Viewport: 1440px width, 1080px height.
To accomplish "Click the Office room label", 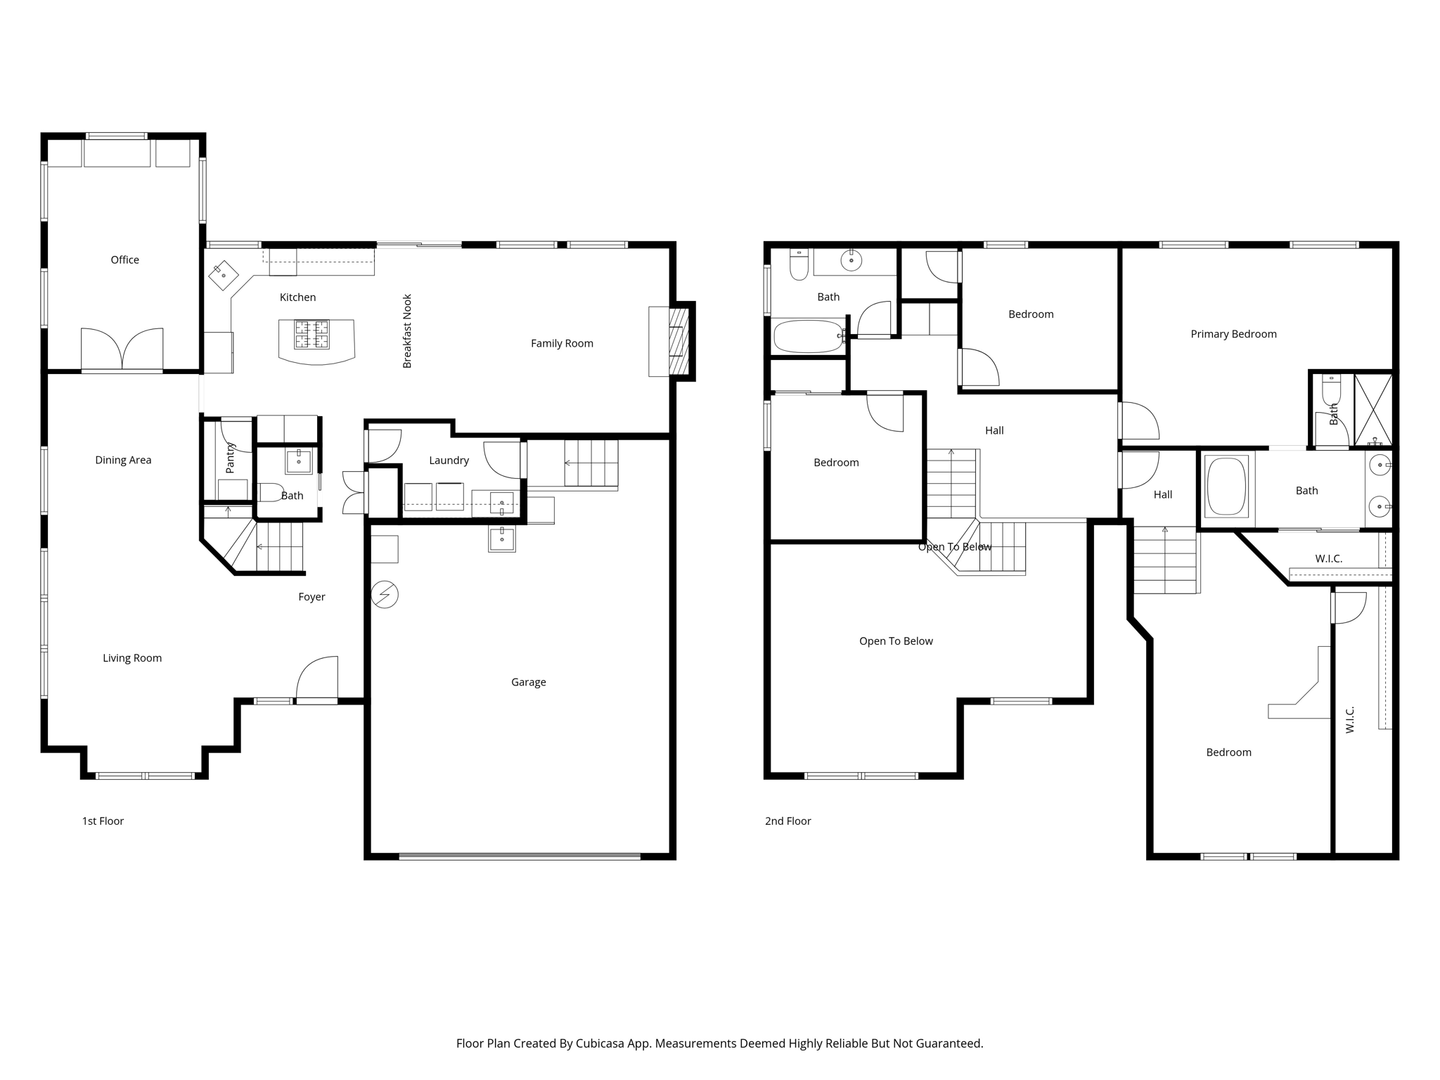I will (124, 260).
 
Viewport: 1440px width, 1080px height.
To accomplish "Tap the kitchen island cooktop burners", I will (311, 335).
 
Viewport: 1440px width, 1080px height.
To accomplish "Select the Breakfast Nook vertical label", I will (407, 331).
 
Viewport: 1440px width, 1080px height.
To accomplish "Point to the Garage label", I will (528, 682).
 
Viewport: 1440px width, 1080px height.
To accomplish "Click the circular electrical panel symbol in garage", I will (385, 595).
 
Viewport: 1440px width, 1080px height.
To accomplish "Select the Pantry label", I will (230, 457).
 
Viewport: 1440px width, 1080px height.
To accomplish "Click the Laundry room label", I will (449, 461).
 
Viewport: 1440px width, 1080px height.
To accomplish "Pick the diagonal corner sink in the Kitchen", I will (223, 275).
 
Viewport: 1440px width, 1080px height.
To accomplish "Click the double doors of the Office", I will (122, 349).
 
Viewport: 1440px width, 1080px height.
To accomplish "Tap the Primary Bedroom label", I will (1233, 334).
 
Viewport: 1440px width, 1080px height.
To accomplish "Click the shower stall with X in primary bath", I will (1372, 409).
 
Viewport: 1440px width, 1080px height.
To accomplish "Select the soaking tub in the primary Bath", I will (1226, 487).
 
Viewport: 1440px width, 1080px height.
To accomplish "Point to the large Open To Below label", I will (896, 641).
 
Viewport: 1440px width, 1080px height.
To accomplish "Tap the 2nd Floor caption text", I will (787, 821).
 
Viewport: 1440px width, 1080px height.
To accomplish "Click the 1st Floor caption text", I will (103, 821).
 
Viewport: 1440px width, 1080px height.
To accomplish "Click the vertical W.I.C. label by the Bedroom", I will (1349, 720).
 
